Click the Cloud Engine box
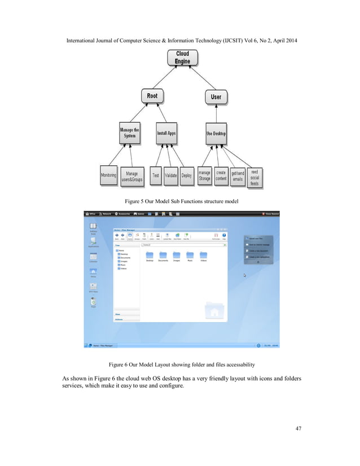pyautogui.click(x=182, y=58)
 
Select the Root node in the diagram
pyautogui.click(x=152, y=96)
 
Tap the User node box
pyautogui.click(x=216, y=97)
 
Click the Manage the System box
pyautogui.click(x=129, y=133)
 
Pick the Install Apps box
pyautogui.click(x=166, y=134)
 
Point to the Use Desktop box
pyautogui.click(x=216, y=134)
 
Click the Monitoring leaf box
pyautogui.click(x=108, y=176)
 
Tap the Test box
pyautogui.click(x=155, y=176)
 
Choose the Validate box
pyautogui.click(x=171, y=176)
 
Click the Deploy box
pyautogui.click(x=187, y=176)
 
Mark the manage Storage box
pyautogui.click(x=204, y=176)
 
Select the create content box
pyautogui.click(x=221, y=176)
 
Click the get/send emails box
pyautogui.click(x=238, y=177)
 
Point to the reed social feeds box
pyautogui.click(x=254, y=176)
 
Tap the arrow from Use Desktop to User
pyautogui.click(x=216, y=116)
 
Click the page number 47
pyautogui.click(x=297, y=429)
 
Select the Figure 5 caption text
pyautogui.click(x=180, y=201)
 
